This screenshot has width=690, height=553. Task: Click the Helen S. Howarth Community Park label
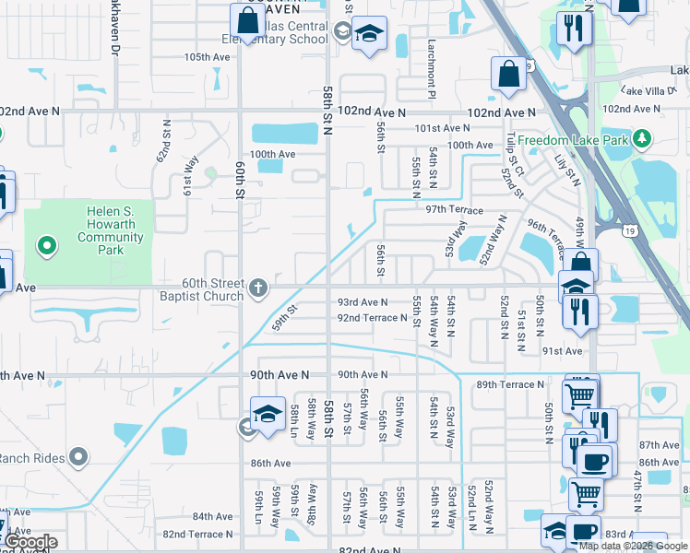tap(111, 224)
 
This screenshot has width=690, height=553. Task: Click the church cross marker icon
tap(258, 288)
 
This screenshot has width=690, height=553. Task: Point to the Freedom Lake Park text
tap(572, 140)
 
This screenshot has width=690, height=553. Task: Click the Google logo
tap(30, 542)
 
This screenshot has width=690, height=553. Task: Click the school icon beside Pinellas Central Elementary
tap(368, 35)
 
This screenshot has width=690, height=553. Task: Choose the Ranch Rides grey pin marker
tap(78, 456)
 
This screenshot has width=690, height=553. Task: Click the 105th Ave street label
tap(207, 57)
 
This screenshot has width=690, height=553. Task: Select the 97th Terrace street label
tap(455, 210)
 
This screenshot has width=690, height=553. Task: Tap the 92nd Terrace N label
tap(372, 318)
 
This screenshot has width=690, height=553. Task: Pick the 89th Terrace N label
tap(510, 384)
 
